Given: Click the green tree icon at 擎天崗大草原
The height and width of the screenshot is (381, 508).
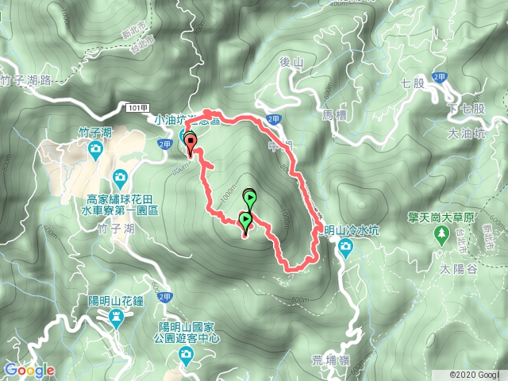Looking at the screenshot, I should [441, 234].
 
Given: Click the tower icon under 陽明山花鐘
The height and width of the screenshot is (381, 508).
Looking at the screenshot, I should [117, 318].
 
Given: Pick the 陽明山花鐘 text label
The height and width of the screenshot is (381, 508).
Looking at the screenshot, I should [117, 302].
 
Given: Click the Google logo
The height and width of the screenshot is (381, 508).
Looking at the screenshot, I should [29, 370].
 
